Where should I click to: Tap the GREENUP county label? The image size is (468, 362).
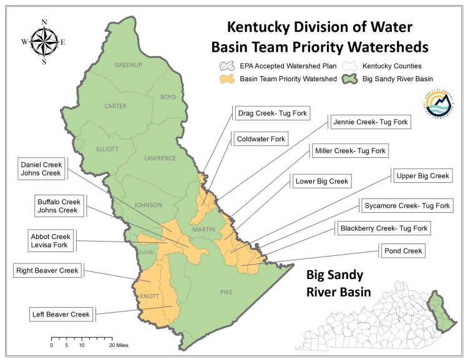[129, 65]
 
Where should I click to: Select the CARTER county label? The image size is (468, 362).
[115, 106]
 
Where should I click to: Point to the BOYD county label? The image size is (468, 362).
[168, 97]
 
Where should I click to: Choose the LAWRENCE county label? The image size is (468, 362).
[160, 159]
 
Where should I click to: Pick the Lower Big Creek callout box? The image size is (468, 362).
[322, 182]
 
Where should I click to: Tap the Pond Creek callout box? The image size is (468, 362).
[403, 251]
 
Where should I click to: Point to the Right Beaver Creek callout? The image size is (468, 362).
[47, 271]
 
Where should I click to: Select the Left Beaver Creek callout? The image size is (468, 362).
[61, 314]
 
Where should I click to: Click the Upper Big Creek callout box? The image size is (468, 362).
[422, 176]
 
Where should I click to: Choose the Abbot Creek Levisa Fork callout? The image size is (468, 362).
[51, 241]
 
